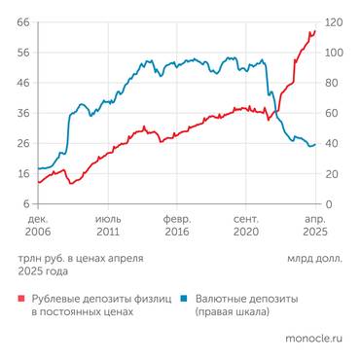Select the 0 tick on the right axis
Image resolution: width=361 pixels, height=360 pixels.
click(329, 203)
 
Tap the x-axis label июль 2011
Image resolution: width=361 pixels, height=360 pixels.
click(107, 227)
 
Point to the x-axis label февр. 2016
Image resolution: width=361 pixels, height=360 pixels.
click(176, 227)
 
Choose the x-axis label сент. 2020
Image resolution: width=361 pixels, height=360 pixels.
click(246, 227)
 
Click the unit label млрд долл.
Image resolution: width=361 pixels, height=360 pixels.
click(314, 258)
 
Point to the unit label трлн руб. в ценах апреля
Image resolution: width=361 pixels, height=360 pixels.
click(81, 258)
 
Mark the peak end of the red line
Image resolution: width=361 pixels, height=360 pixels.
click(314, 31)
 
